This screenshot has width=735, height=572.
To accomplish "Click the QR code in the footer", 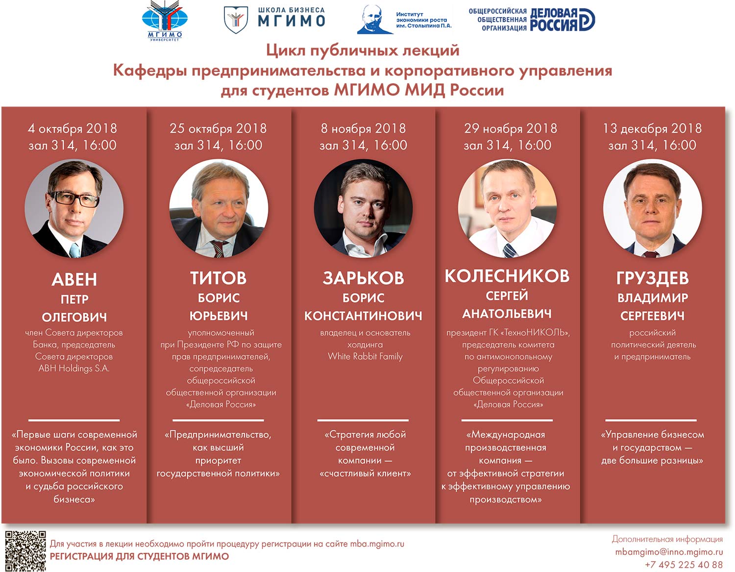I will (x=25, y=550).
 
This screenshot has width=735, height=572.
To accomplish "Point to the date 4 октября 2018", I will (x=73, y=128).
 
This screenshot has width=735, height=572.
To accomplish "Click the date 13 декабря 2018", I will (x=652, y=128).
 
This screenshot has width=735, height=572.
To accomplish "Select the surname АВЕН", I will (x=74, y=279).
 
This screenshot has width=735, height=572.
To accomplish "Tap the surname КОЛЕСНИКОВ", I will (x=507, y=276).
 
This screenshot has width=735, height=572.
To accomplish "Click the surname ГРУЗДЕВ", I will (x=652, y=278).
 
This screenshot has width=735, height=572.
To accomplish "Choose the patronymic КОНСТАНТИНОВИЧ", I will (x=363, y=316).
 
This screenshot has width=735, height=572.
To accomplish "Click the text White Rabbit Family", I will (x=365, y=356).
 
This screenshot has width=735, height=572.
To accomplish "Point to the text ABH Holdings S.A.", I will (x=74, y=368).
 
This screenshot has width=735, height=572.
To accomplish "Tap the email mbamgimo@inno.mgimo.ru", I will (x=669, y=552).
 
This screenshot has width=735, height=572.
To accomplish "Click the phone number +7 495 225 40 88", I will (x=684, y=565).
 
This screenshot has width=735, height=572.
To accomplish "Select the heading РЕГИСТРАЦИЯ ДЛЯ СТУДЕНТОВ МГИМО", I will (x=139, y=556).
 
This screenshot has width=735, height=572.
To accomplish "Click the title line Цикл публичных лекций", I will (x=363, y=50).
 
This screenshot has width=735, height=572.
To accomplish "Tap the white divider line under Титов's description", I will (x=218, y=420).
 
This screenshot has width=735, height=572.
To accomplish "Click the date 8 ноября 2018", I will (x=363, y=128).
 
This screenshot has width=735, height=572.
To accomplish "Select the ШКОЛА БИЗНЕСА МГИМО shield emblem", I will (x=236, y=20).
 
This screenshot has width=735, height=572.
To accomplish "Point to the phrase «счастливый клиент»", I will (x=365, y=473).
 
